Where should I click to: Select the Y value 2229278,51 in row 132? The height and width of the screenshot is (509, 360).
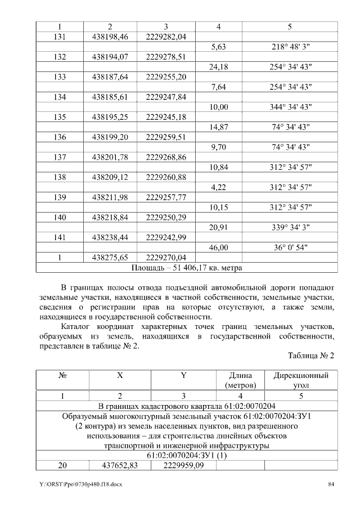click(x=166, y=57)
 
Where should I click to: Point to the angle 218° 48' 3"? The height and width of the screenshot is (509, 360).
click(x=290, y=47)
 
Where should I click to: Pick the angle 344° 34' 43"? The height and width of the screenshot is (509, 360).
click(x=290, y=107)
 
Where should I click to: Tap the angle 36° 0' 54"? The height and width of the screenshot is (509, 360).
click(x=290, y=247)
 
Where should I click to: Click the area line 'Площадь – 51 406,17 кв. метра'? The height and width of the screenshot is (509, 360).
click(x=186, y=268)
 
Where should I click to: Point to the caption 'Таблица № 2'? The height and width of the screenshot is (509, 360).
click(x=311, y=356)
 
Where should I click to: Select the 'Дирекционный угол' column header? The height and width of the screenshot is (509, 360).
click(x=301, y=380)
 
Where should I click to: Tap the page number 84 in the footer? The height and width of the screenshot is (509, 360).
click(x=332, y=485)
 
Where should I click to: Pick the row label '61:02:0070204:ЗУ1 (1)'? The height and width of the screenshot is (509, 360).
click(x=186, y=455)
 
